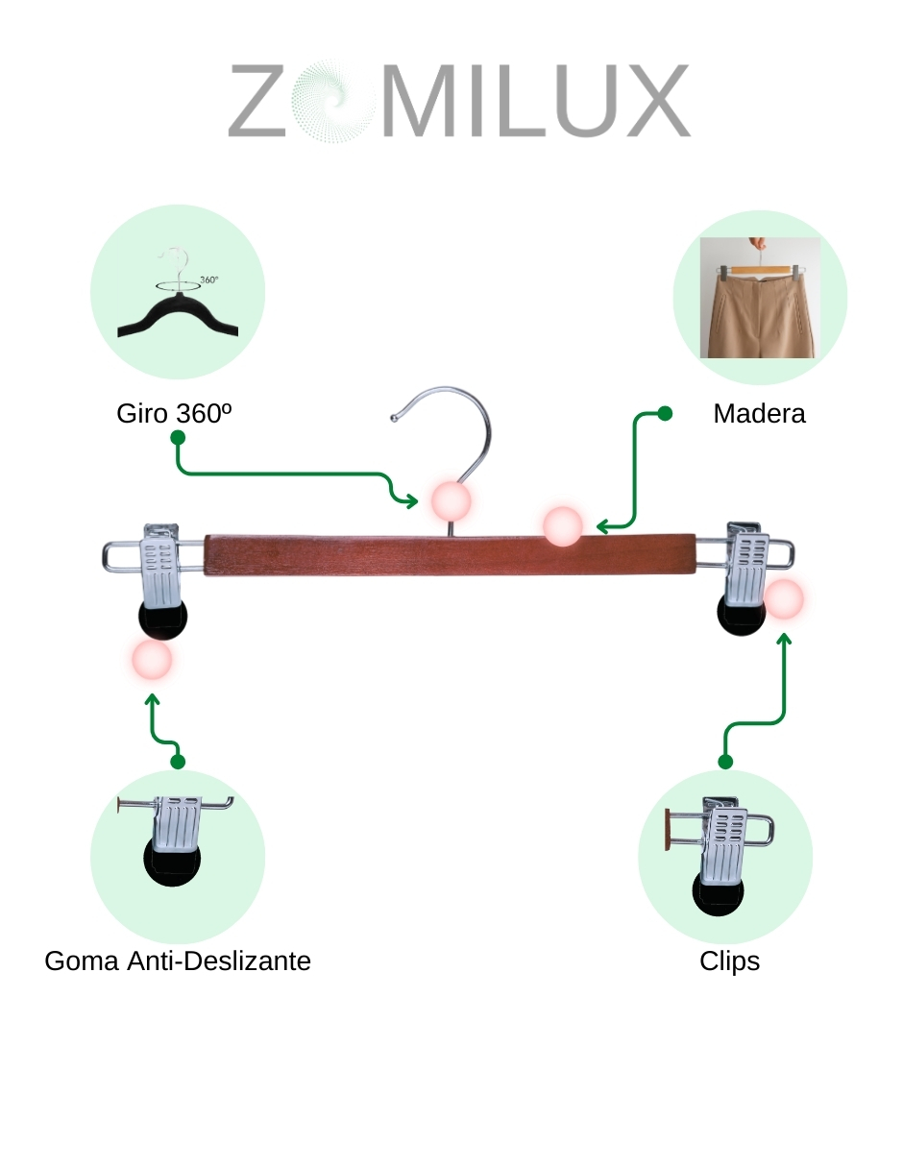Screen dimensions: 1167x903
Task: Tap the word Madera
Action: pyautogui.click(x=759, y=413)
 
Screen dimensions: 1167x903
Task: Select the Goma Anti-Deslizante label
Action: pyautogui.click(x=178, y=960)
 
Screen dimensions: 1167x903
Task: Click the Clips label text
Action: pyautogui.click(x=729, y=960)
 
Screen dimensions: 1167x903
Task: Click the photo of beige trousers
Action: pyautogui.click(x=759, y=298)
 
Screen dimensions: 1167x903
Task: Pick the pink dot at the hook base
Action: pyautogui.click(x=450, y=500)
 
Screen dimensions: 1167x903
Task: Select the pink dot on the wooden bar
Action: pyautogui.click(x=562, y=526)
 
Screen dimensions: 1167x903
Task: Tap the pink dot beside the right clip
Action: pyautogui.click(x=784, y=598)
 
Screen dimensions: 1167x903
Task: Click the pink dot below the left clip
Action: pyautogui.click(x=151, y=661)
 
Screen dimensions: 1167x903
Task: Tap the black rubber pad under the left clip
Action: pyautogui.click(x=162, y=621)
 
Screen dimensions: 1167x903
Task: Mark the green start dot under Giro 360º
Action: pyautogui.click(x=178, y=437)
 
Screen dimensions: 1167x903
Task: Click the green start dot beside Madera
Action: pyautogui.click(x=664, y=413)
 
